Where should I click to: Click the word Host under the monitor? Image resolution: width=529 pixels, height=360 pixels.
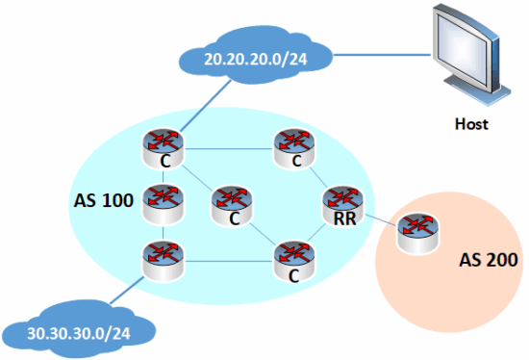470,124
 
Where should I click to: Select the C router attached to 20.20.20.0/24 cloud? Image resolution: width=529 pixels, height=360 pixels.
164,145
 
